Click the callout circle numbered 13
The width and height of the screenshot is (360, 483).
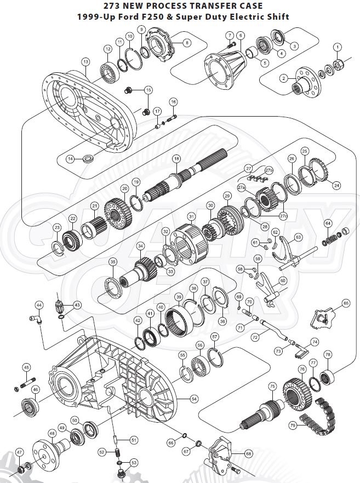point(85,62)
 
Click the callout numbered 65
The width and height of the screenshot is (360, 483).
point(345,303)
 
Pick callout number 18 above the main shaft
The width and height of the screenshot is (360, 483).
point(176,159)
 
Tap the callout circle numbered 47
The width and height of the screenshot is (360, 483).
point(19,452)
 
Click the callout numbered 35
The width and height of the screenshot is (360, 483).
point(112,262)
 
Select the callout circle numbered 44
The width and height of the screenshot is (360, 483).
point(39,304)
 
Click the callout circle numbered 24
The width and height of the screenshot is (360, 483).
point(336,186)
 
